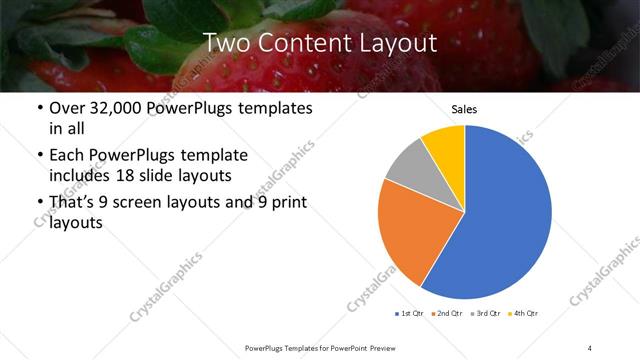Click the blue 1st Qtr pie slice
click(x=505, y=215)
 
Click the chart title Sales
click(x=464, y=109)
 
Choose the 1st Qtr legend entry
click(x=409, y=314)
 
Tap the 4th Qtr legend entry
click(x=524, y=314)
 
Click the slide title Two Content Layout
click(x=320, y=42)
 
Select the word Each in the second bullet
click(x=68, y=155)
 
